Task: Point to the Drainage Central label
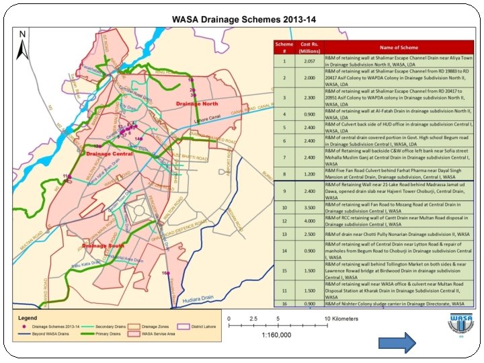(x=109, y=153)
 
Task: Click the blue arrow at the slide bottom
(x=401, y=343)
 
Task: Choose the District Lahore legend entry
(x=210, y=325)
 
